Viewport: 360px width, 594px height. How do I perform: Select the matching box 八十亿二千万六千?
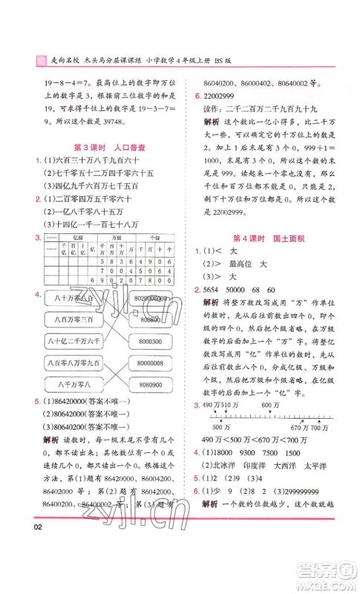[73, 341]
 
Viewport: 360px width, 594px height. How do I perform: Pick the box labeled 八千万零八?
[73, 384]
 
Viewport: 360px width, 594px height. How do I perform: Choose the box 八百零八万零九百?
[73, 362]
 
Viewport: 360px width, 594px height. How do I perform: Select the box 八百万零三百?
[73, 319]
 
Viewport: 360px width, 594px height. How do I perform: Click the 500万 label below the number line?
[217, 428]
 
